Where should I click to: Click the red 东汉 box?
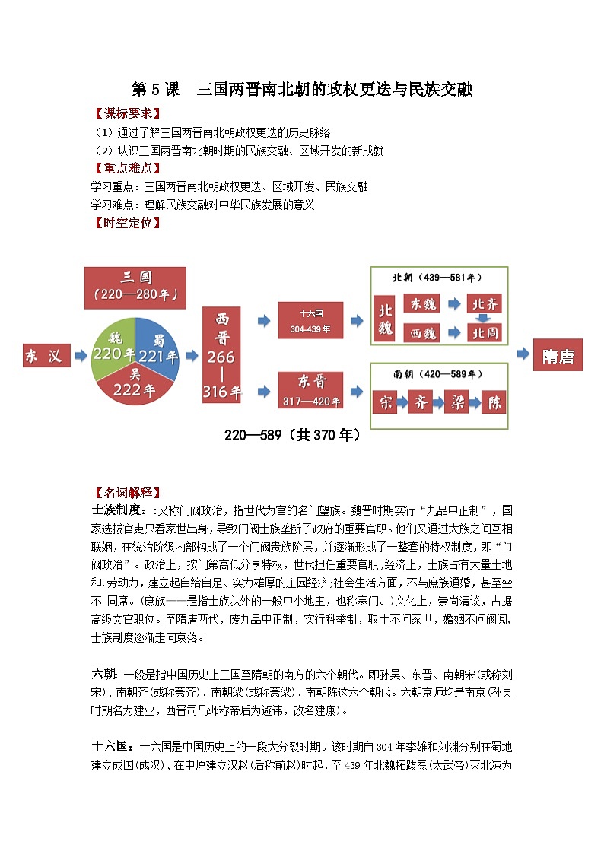[x=46, y=356]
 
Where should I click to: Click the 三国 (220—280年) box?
[x=135, y=287]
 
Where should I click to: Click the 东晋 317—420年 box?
[x=310, y=389]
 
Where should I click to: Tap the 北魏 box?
[x=385, y=320]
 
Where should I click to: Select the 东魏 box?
[x=421, y=304]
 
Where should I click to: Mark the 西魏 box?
[x=421, y=333]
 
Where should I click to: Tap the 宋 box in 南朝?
[x=386, y=402]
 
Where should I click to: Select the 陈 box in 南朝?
[x=494, y=402]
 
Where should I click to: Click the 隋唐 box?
[x=558, y=356]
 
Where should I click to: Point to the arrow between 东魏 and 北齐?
[x=453, y=304]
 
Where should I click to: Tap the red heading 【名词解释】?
[x=126, y=492]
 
